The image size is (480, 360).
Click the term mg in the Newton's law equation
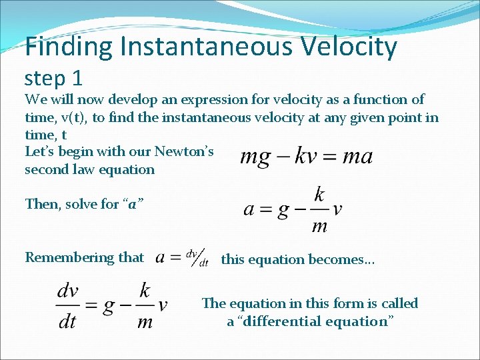click(x=255, y=157)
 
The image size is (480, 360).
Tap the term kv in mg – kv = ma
click(x=303, y=157)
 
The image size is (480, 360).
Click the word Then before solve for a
click(x=41, y=204)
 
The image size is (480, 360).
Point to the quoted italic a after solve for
click(x=132, y=204)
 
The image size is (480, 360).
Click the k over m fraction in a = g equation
click(x=319, y=209)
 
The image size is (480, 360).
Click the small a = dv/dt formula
click(x=182, y=258)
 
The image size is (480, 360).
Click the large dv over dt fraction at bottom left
click(x=68, y=306)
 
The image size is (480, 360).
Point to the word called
click(x=399, y=304)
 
